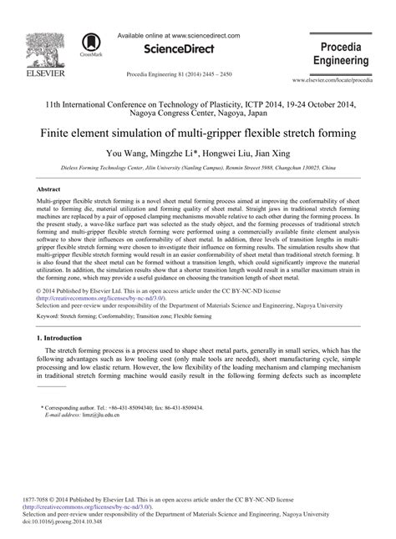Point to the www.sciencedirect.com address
203,37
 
